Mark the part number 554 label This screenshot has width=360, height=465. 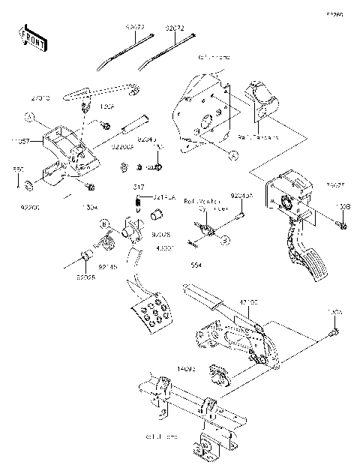click(196, 263)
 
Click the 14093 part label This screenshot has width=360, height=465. click(186, 368)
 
